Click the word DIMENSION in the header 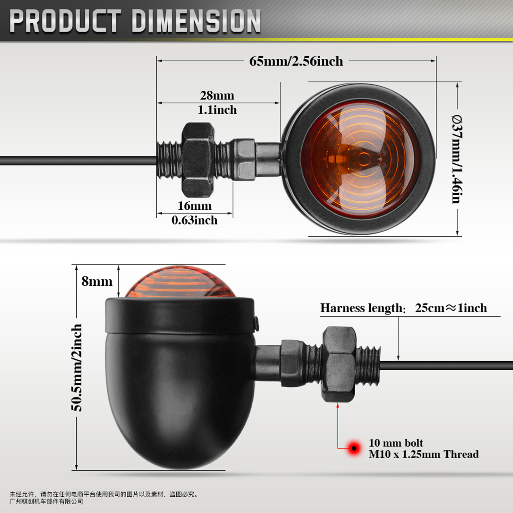196,21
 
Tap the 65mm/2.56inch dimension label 296,61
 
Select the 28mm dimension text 217,95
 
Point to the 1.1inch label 217,110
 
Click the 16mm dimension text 195,206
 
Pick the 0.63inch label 194,220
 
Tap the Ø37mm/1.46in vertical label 457,159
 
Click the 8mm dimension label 97,281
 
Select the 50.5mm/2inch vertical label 76,367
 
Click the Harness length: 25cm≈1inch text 403,308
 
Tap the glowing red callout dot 354,448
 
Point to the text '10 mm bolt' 396,443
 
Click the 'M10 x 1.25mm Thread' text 423,454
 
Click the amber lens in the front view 360,159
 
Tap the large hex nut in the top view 198,160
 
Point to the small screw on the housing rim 256,323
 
